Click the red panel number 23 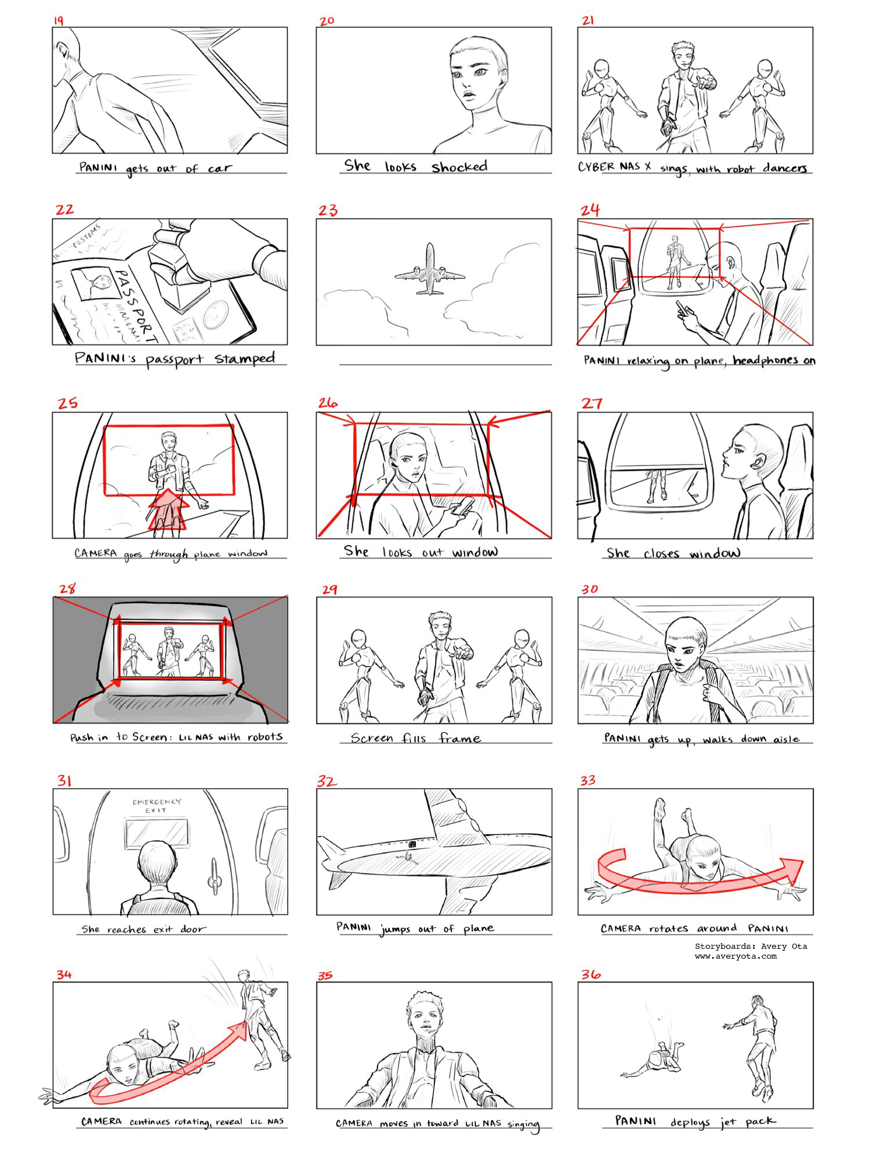(x=328, y=210)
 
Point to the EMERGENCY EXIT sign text (x=157, y=806)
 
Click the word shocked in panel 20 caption (x=459, y=167)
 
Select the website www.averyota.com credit (x=735, y=956)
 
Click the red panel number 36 (x=590, y=974)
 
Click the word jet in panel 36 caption (x=728, y=1122)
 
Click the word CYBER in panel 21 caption (x=596, y=166)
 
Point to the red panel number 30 (x=590, y=589)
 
